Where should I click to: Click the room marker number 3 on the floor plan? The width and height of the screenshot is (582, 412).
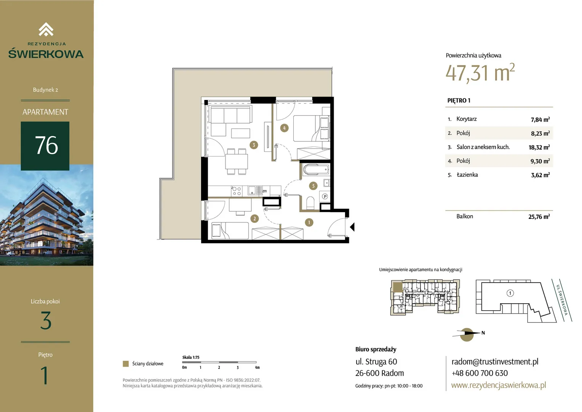point(254,145)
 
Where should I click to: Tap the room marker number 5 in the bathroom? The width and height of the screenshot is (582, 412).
point(313,186)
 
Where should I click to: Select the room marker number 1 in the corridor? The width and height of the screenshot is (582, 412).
point(309,222)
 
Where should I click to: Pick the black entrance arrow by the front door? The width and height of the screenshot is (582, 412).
point(352,227)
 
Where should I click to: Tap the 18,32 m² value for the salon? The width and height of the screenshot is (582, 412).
point(539,147)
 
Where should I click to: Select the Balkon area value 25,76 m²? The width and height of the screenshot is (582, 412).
point(539,217)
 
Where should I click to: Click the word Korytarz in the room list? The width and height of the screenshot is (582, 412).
point(466,119)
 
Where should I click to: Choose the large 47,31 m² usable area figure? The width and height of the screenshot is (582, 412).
point(480,72)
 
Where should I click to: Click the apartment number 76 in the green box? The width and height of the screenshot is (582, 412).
point(46,145)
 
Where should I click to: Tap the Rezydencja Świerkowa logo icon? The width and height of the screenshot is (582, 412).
point(46,29)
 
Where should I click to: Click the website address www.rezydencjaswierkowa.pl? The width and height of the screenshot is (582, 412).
point(498,385)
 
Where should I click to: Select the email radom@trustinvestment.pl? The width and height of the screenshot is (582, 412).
point(495,362)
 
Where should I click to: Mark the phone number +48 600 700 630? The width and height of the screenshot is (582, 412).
point(480,373)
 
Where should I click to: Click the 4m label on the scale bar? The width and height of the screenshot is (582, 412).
point(257,367)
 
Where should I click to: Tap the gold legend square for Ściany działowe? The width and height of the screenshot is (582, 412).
point(126,364)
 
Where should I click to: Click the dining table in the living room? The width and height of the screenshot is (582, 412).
point(237,162)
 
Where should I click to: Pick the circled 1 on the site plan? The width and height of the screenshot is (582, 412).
point(510,293)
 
